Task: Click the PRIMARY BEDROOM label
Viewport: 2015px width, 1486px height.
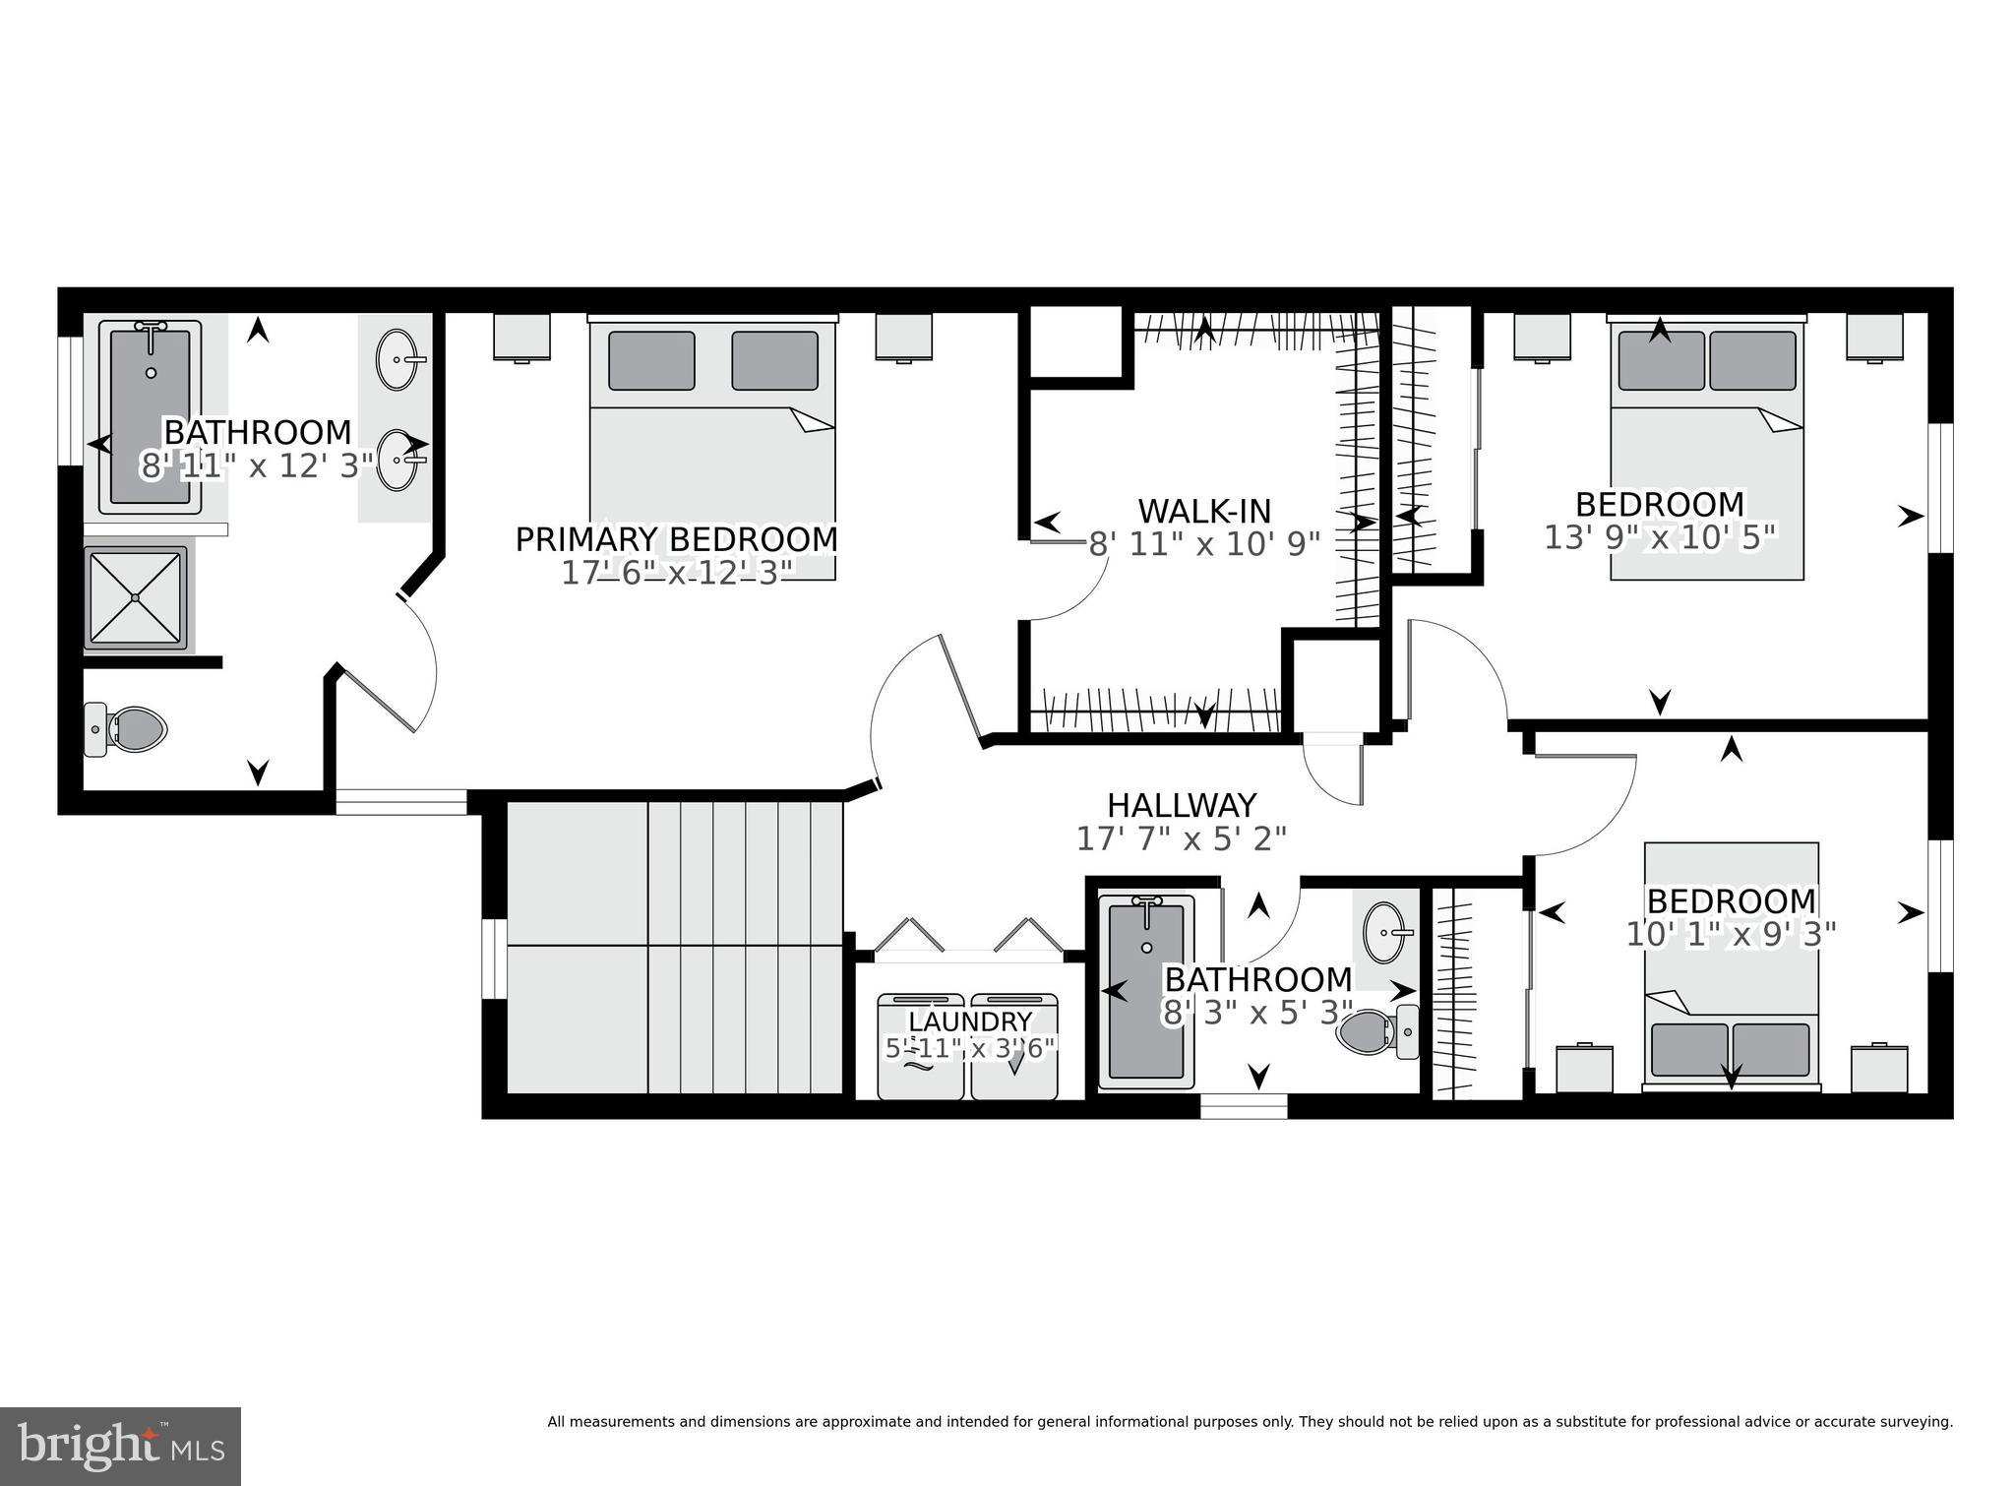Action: (x=676, y=539)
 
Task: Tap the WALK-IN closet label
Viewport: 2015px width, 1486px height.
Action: (x=1204, y=511)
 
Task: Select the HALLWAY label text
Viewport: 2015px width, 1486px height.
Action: (x=1182, y=805)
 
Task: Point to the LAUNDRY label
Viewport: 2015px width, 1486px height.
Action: (x=969, y=1022)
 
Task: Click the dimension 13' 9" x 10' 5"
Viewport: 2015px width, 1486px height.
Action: (x=1660, y=537)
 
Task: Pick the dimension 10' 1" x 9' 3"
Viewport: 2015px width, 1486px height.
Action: (x=1731, y=934)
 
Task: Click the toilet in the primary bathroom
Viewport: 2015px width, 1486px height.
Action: (x=128, y=729)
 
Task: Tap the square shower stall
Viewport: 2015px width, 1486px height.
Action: (x=136, y=597)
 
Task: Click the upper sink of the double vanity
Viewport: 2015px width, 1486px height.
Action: (x=398, y=360)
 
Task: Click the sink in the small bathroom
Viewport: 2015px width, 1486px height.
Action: (x=1387, y=931)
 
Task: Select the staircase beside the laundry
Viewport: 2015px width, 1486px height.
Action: (x=675, y=947)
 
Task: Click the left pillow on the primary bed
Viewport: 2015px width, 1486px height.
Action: (x=651, y=360)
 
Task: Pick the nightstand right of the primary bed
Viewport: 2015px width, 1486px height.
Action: (x=904, y=338)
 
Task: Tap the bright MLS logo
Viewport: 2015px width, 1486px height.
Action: (x=120, y=1446)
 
